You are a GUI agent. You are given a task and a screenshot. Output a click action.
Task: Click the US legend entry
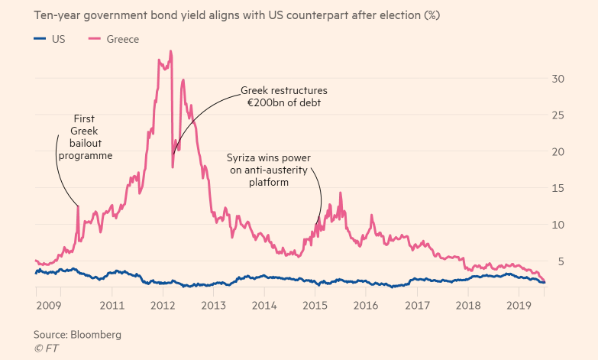[x=50, y=39]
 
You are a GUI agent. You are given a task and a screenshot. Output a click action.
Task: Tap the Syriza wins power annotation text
[x=270, y=170]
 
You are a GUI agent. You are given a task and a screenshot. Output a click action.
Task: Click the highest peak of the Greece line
[x=170, y=51]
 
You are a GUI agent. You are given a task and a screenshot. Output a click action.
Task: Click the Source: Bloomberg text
[x=76, y=335]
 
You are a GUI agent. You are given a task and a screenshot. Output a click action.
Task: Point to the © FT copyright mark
[x=46, y=348]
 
